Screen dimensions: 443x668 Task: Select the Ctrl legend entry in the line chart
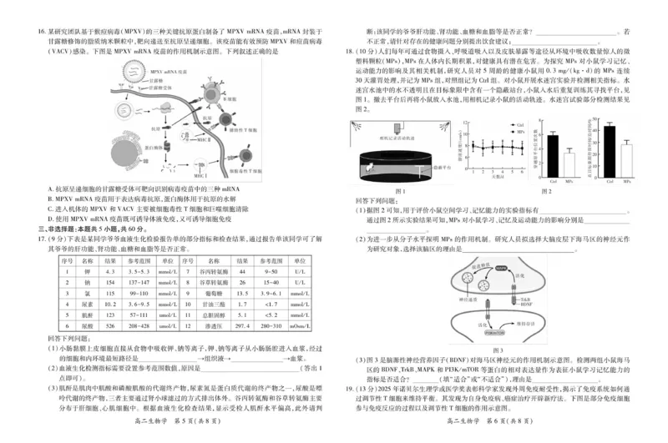[x=518, y=125]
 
